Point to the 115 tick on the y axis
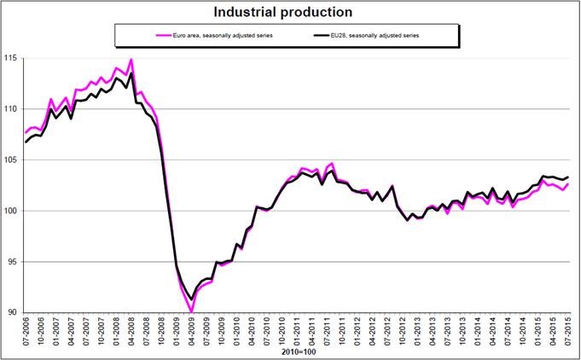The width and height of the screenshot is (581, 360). click(x=15, y=58)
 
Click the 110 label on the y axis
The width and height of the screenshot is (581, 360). click(x=15, y=109)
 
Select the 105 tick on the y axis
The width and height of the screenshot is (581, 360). click(x=15, y=160)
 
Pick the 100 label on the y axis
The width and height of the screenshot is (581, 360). click(x=15, y=211)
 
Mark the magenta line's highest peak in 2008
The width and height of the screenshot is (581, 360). click(x=131, y=60)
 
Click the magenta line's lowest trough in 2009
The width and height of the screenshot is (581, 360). click(x=191, y=311)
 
